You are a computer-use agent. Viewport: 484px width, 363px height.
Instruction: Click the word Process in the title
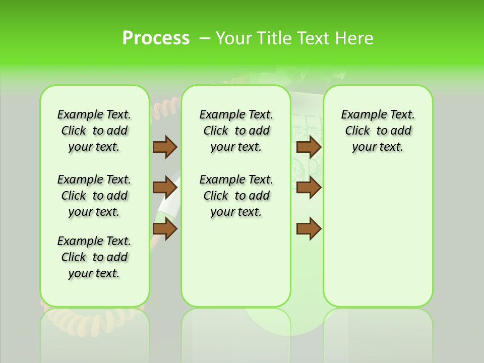156,38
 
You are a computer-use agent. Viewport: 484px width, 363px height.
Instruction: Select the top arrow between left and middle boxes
165,147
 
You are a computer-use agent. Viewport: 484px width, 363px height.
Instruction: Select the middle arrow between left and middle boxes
165,188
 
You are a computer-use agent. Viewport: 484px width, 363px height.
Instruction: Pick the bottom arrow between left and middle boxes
165,229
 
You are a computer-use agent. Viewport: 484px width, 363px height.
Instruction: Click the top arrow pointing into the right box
309,147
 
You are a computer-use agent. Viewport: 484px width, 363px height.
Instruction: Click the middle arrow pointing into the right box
309,188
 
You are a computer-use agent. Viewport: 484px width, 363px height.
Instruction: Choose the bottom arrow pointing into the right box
309,229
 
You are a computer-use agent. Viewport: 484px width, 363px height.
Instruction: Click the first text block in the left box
94,131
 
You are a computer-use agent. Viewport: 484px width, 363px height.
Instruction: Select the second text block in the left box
94,196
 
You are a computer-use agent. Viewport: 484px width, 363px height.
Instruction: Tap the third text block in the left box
94,257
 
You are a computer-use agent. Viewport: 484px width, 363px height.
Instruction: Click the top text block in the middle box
236,131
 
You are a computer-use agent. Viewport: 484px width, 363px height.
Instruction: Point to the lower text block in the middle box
236,196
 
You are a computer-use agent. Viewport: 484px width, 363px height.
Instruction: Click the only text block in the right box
378,131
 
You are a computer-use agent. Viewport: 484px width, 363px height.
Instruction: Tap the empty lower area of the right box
378,237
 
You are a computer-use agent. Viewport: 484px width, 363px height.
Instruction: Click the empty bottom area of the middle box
236,267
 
